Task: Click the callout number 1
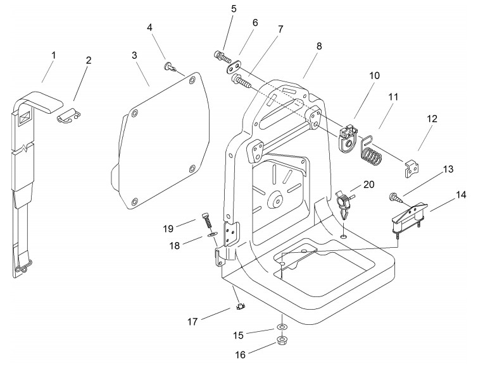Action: pyautogui.click(x=54, y=56)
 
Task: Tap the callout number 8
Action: pyautogui.click(x=319, y=46)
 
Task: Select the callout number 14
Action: pyautogui.click(x=462, y=195)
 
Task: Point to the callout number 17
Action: pyautogui.click(x=192, y=322)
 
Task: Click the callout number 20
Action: pyautogui.click(x=369, y=185)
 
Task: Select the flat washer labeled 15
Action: pyautogui.click(x=281, y=327)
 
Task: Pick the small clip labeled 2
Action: pyautogui.click(x=69, y=116)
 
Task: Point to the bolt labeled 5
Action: pyautogui.click(x=222, y=56)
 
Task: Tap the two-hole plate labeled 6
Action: pyautogui.click(x=234, y=67)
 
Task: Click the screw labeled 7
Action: pyautogui.click(x=241, y=81)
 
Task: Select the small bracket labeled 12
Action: pyautogui.click(x=412, y=169)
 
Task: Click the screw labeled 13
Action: pyautogui.click(x=396, y=198)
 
